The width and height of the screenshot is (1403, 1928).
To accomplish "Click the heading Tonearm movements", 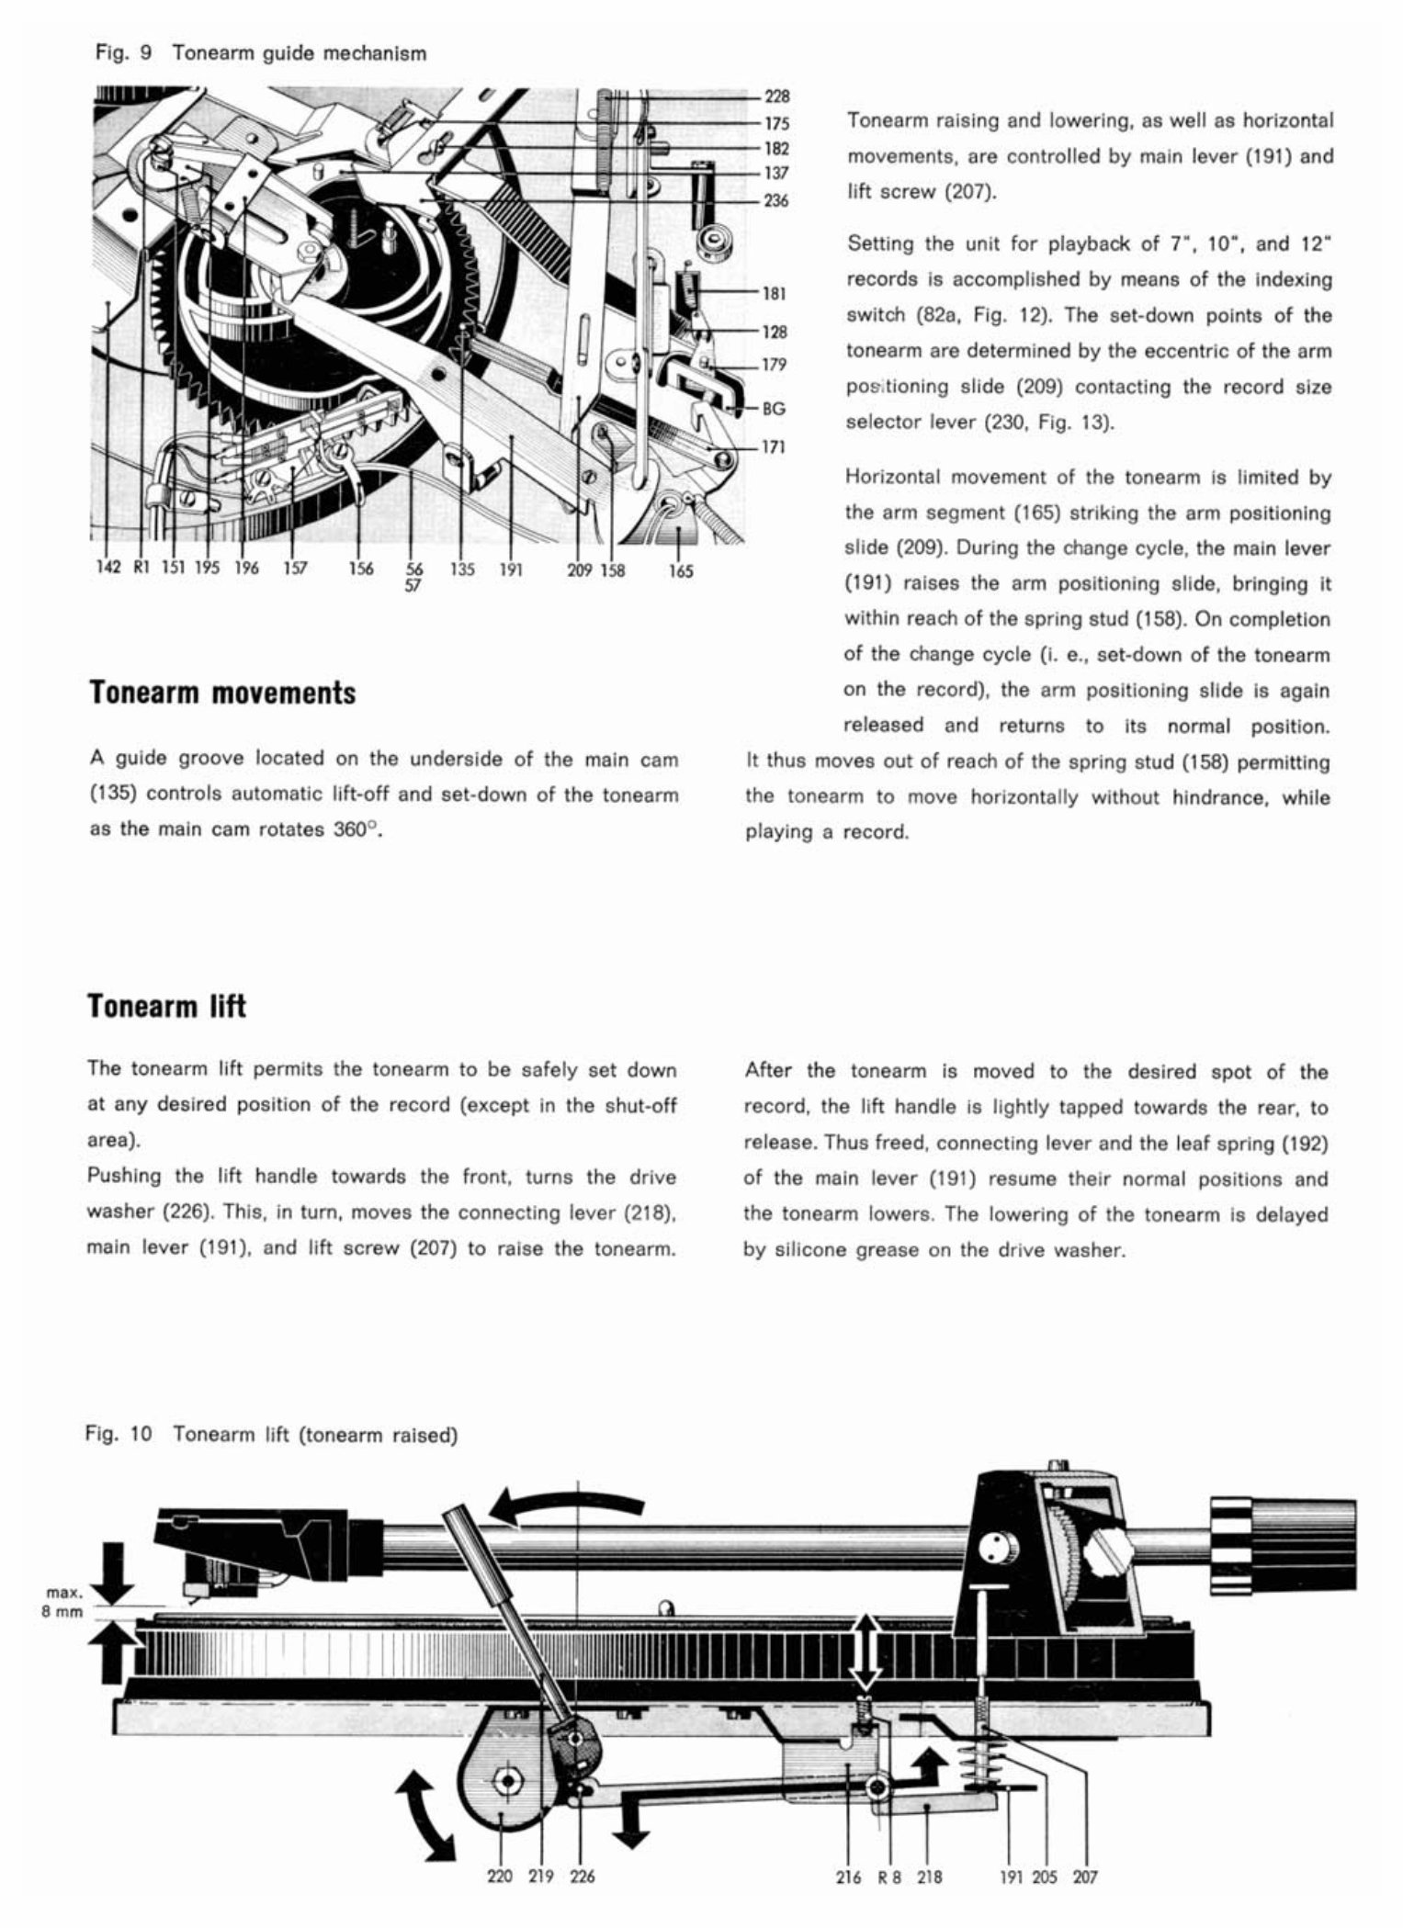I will [x=222, y=693].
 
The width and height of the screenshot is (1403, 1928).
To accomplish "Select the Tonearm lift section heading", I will [x=166, y=1006].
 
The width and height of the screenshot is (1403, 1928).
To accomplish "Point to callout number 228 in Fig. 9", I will [x=776, y=96].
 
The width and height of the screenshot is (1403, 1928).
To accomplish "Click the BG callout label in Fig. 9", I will [x=775, y=410].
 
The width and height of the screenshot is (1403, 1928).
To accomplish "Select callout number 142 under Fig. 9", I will [x=108, y=569].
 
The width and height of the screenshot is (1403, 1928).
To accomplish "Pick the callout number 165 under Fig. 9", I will [x=681, y=570].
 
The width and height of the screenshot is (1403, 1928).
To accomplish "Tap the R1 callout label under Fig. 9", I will [x=141, y=569].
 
